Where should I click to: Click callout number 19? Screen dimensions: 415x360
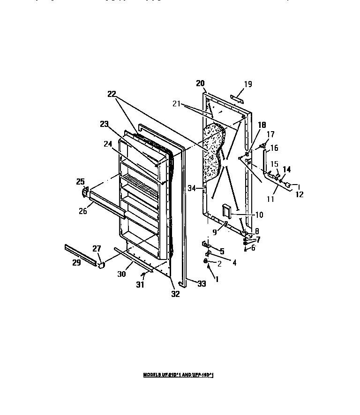click(x=248, y=84)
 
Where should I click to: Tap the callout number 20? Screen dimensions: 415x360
click(x=201, y=83)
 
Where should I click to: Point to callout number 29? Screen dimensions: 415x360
click(x=76, y=263)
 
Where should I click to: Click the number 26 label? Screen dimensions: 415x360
click(x=82, y=211)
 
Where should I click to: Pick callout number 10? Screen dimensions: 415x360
click(x=259, y=215)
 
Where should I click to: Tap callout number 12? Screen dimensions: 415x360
click(x=299, y=194)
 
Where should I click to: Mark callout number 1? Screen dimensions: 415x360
click(x=216, y=279)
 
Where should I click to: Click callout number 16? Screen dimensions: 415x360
click(x=274, y=148)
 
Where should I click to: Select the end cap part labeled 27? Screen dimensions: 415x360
click(x=100, y=265)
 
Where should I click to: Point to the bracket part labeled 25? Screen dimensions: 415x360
click(x=86, y=192)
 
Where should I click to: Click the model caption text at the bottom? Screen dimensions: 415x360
click(x=182, y=375)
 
